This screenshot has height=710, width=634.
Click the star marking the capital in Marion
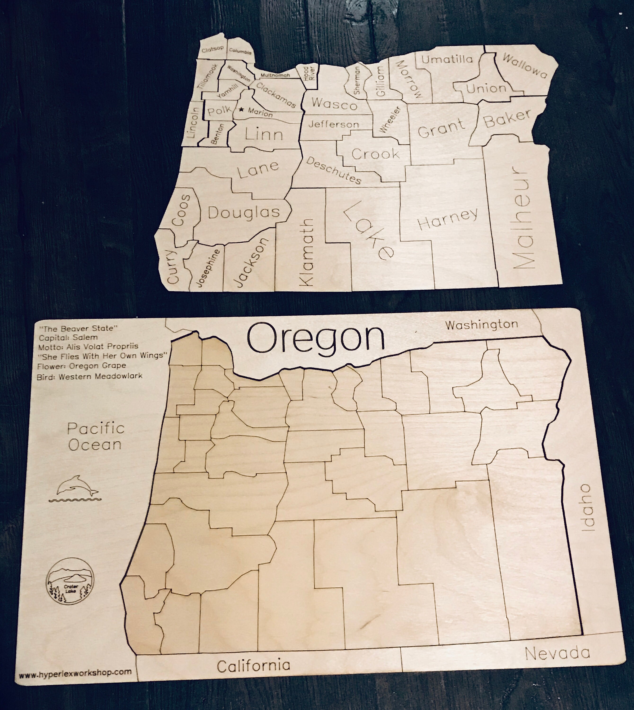pyautogui.click(x=241, y=109)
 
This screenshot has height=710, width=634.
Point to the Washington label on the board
pyautogui.click(x=481, y=325)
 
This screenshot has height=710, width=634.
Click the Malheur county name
pyautogui.click(x=523, y=219)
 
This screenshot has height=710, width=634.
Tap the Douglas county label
pyautogui.click(x=244, y=212)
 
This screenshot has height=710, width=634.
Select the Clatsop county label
pyautogui.click(x=212, y=49)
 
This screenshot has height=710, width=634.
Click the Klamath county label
pyautogui.click(x=306, y=253)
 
